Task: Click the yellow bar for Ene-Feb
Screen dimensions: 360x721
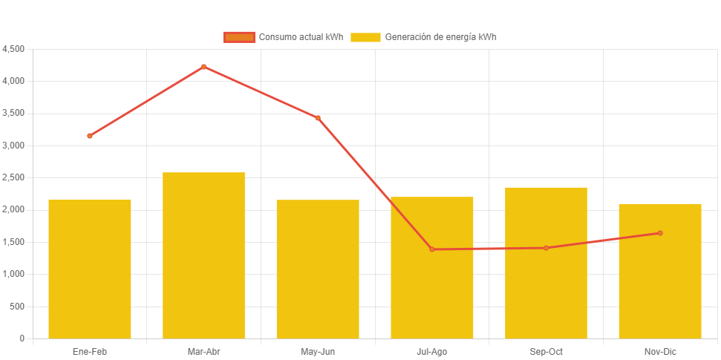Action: pyautogui.click(x=90, y=269)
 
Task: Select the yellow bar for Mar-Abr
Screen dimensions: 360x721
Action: pyautogui.click(x=203, y=255)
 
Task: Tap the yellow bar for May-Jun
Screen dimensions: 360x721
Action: pyautogui.click(x=318, y=269)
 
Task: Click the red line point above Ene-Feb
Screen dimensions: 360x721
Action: pyautogui.click(x=90, y=136)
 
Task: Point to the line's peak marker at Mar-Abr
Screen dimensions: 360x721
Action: pyautogui.click(x=203, y=67)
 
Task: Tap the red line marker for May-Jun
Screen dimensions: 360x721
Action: pyautogui.click(x=318, y=118)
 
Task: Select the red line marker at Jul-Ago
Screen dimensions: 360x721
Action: pyautogui.click(x=432, y=249)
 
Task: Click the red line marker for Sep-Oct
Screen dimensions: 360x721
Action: pyautogui.click(x=546, y=248)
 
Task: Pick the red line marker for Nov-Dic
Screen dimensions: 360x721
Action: pyautogui.click(x=660, y=233)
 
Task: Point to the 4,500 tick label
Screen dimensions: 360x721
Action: pyautogui.click(x=13, y=49)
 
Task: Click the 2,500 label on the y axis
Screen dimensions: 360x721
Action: pyautogui.click(x=13, y=177)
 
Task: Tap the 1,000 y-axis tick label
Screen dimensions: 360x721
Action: pyautogui.click(x=13, y=274)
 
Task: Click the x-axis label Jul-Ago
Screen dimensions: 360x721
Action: pyautogui.click(x=432, y=351)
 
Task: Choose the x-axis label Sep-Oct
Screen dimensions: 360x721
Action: pyautogui.click(x=546, y=351)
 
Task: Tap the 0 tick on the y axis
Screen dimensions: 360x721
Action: pyautogui.click(x=22, y=338)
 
